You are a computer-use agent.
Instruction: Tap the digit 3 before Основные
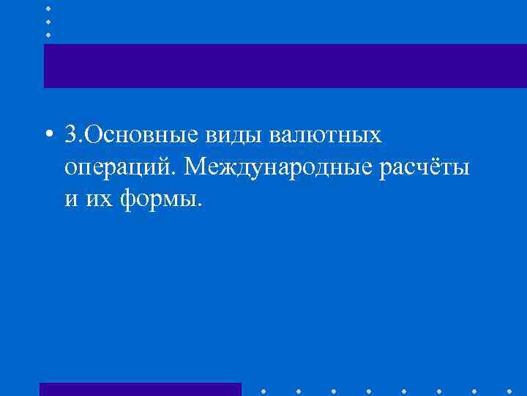pos(71,136)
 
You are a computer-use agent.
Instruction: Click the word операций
pos(120,169)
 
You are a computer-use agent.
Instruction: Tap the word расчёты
pos(425,168)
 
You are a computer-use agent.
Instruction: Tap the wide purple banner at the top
pos(285,65)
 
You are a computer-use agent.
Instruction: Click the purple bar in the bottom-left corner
pos(140,389)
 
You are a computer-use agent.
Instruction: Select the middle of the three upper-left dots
pos(48,21)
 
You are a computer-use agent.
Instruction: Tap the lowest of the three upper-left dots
pos(48,34)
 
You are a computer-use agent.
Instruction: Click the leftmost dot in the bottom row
pos(261,389)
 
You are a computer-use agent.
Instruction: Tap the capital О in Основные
pos(94,136)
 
